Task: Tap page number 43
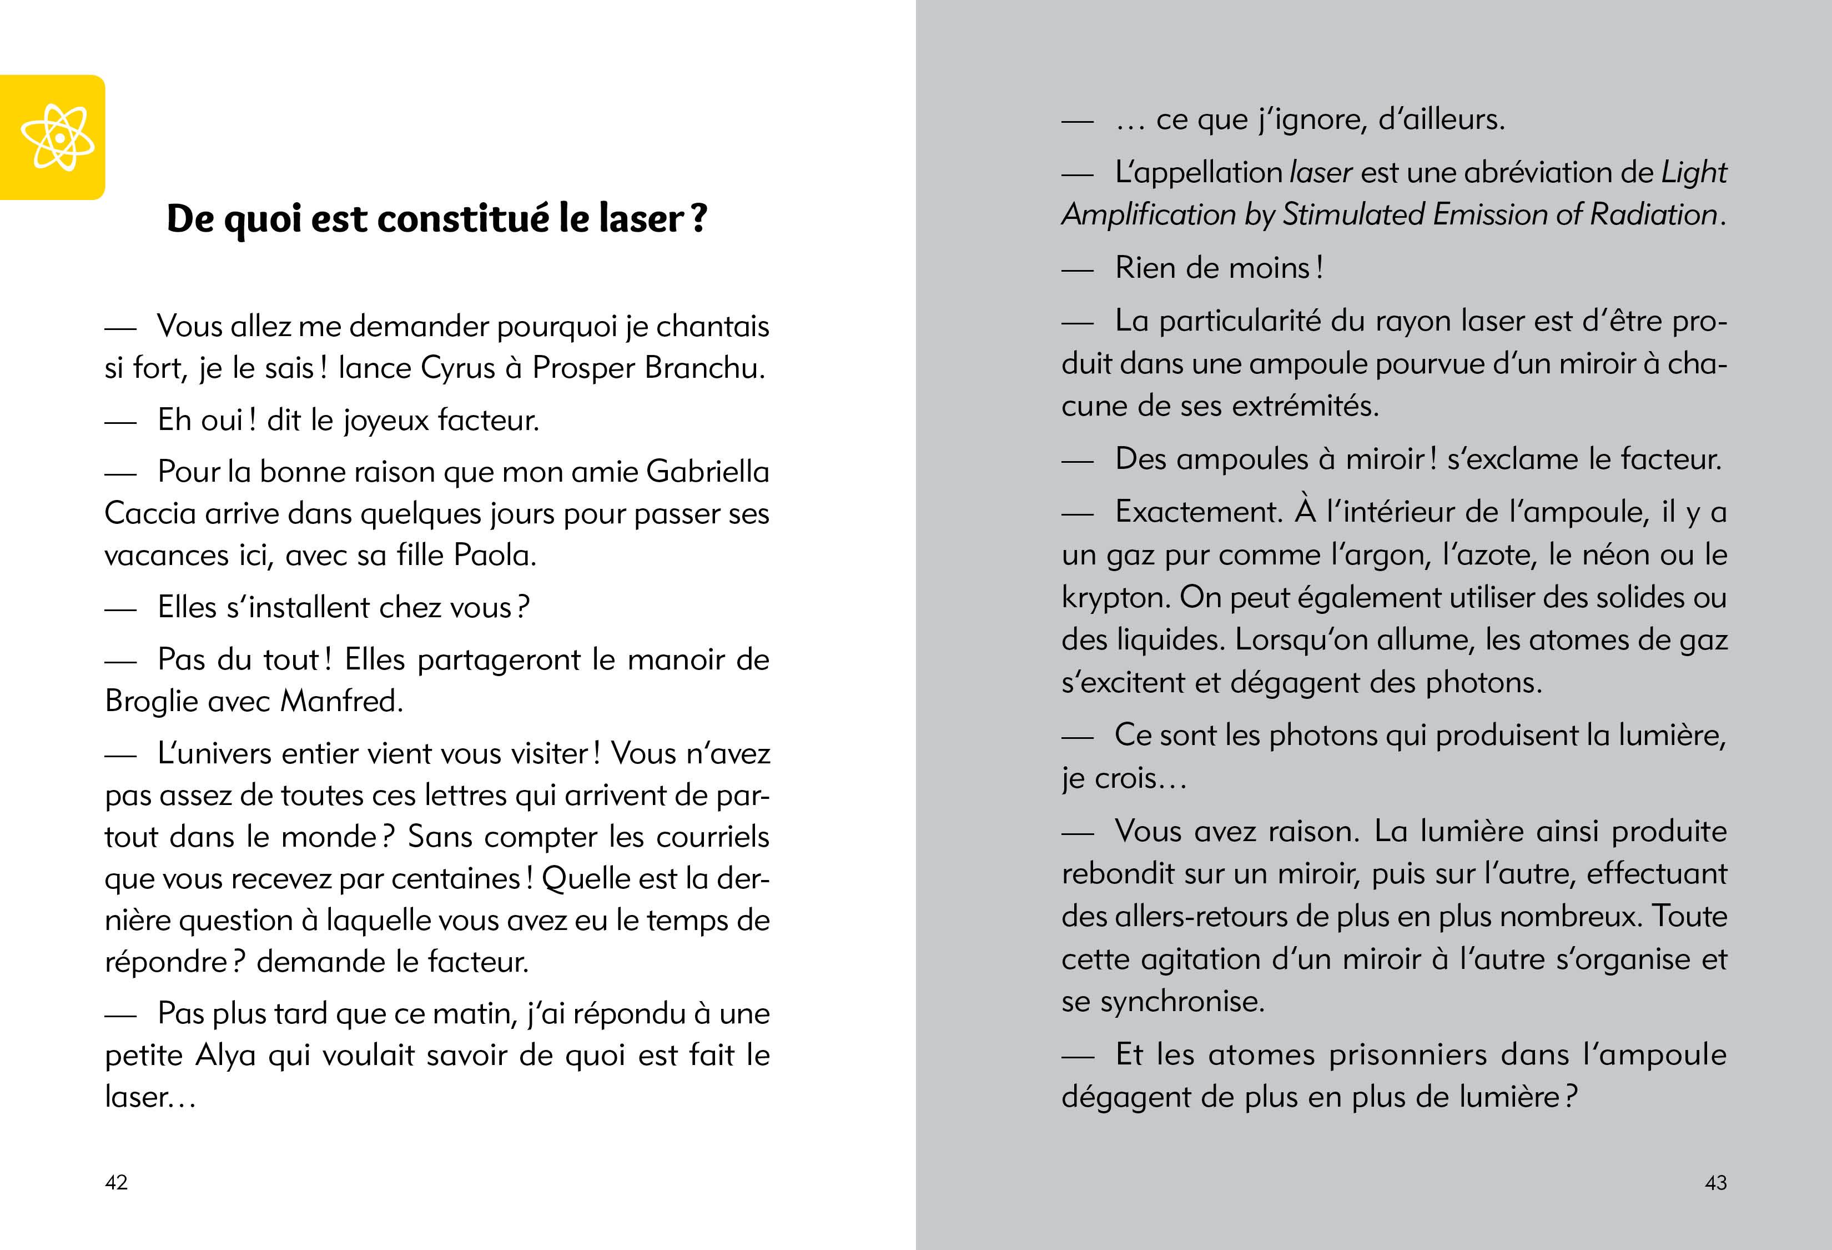click(1715, 1182)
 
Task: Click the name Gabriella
click(707, 472)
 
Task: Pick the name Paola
click(494, 555)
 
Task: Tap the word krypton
click(1115, 598)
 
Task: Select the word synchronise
click(1182, 1002)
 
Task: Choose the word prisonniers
click(1449, 1054)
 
